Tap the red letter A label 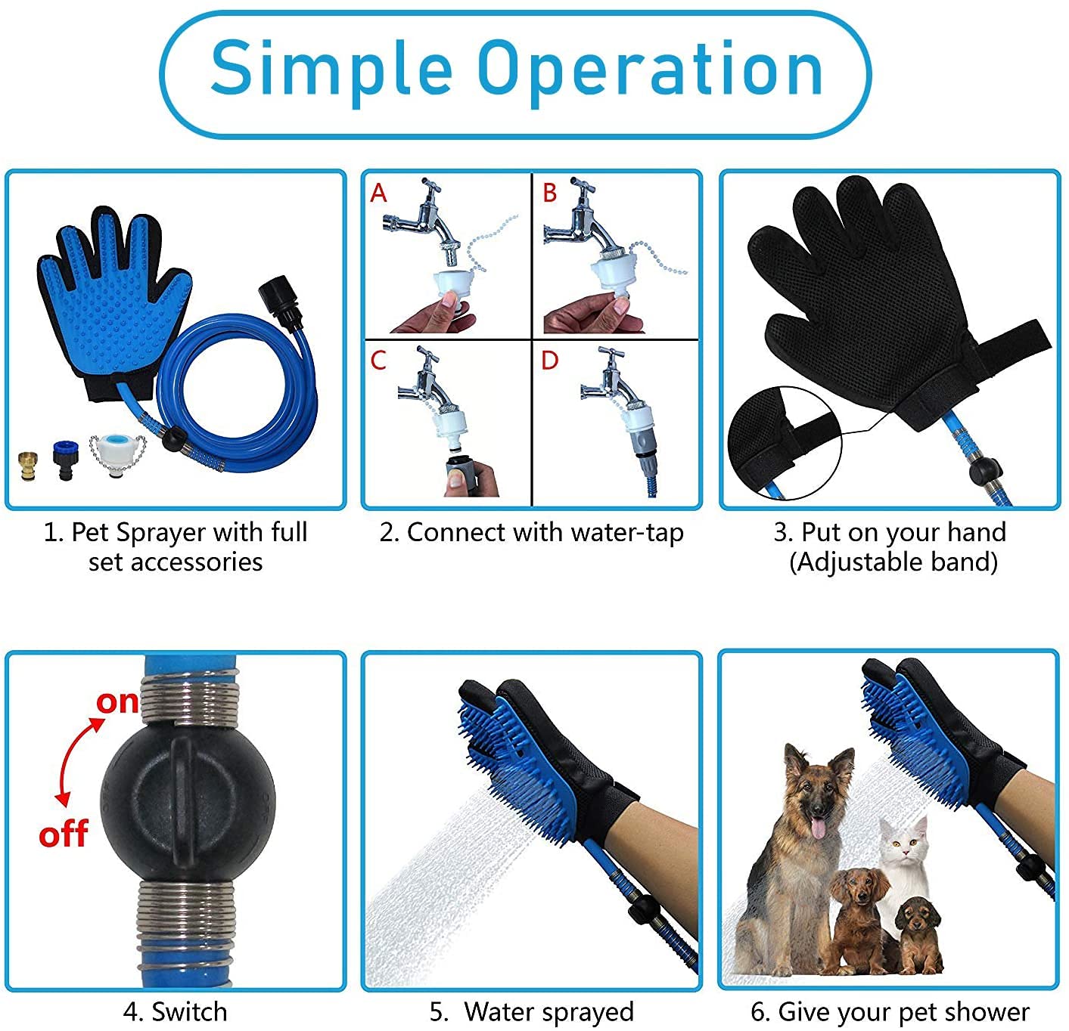[378, 194]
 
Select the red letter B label [549, 194]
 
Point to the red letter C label [378, 361]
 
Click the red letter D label [549, 361]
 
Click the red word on [117, 703]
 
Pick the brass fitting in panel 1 [28, 466]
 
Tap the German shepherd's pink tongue [819, 828]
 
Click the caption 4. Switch [176, 996]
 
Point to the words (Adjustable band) [893, 562]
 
